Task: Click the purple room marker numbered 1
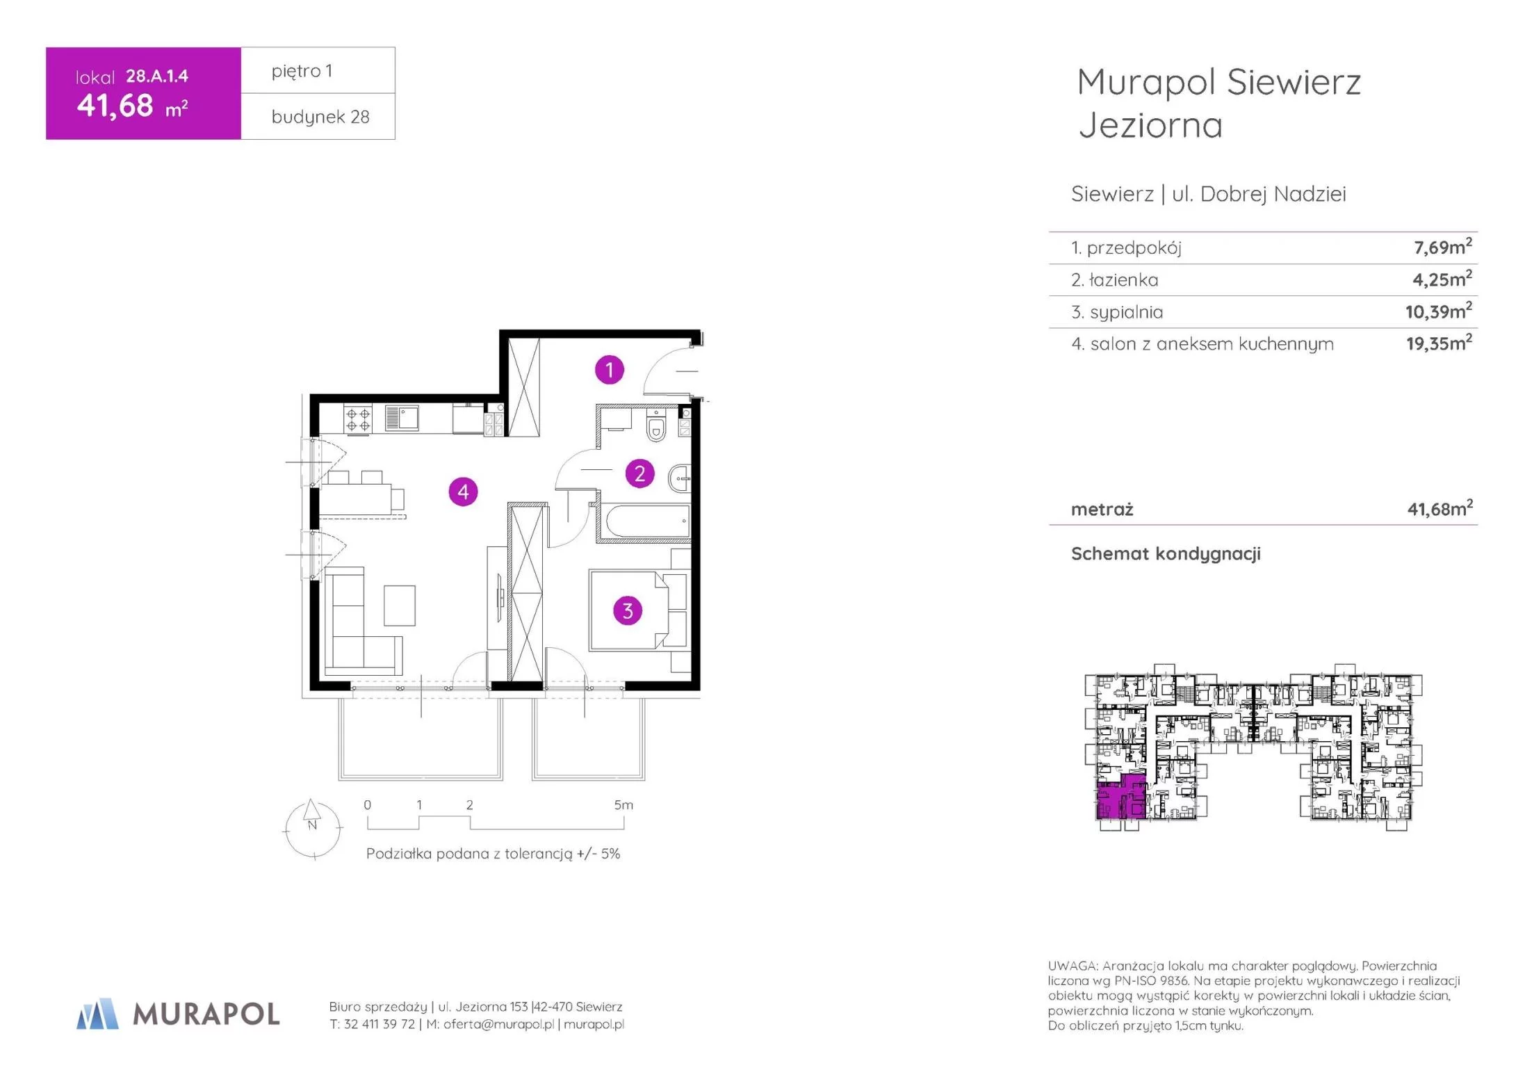coord(610,370)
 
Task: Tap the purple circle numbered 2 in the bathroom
coord(639,473)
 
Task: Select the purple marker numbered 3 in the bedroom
coord(628,610)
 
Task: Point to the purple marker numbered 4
coord(463,492)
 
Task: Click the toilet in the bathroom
coord(655,425)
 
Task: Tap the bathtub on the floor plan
coord(647,520)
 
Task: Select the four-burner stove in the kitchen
coord(358,419)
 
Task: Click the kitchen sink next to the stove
coord(402,418)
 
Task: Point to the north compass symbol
coord(313,828)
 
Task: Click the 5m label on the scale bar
coord(623,805)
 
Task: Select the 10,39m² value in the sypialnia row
coord(1438,311)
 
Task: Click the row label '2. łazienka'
coord(1115,279)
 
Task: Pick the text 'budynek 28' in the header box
coord(320,117)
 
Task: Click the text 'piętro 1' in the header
coord(302,71)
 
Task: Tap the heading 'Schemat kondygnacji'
coord(1166,553)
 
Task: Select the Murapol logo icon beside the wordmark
coord(97,1014)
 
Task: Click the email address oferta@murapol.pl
coord(498,1024)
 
